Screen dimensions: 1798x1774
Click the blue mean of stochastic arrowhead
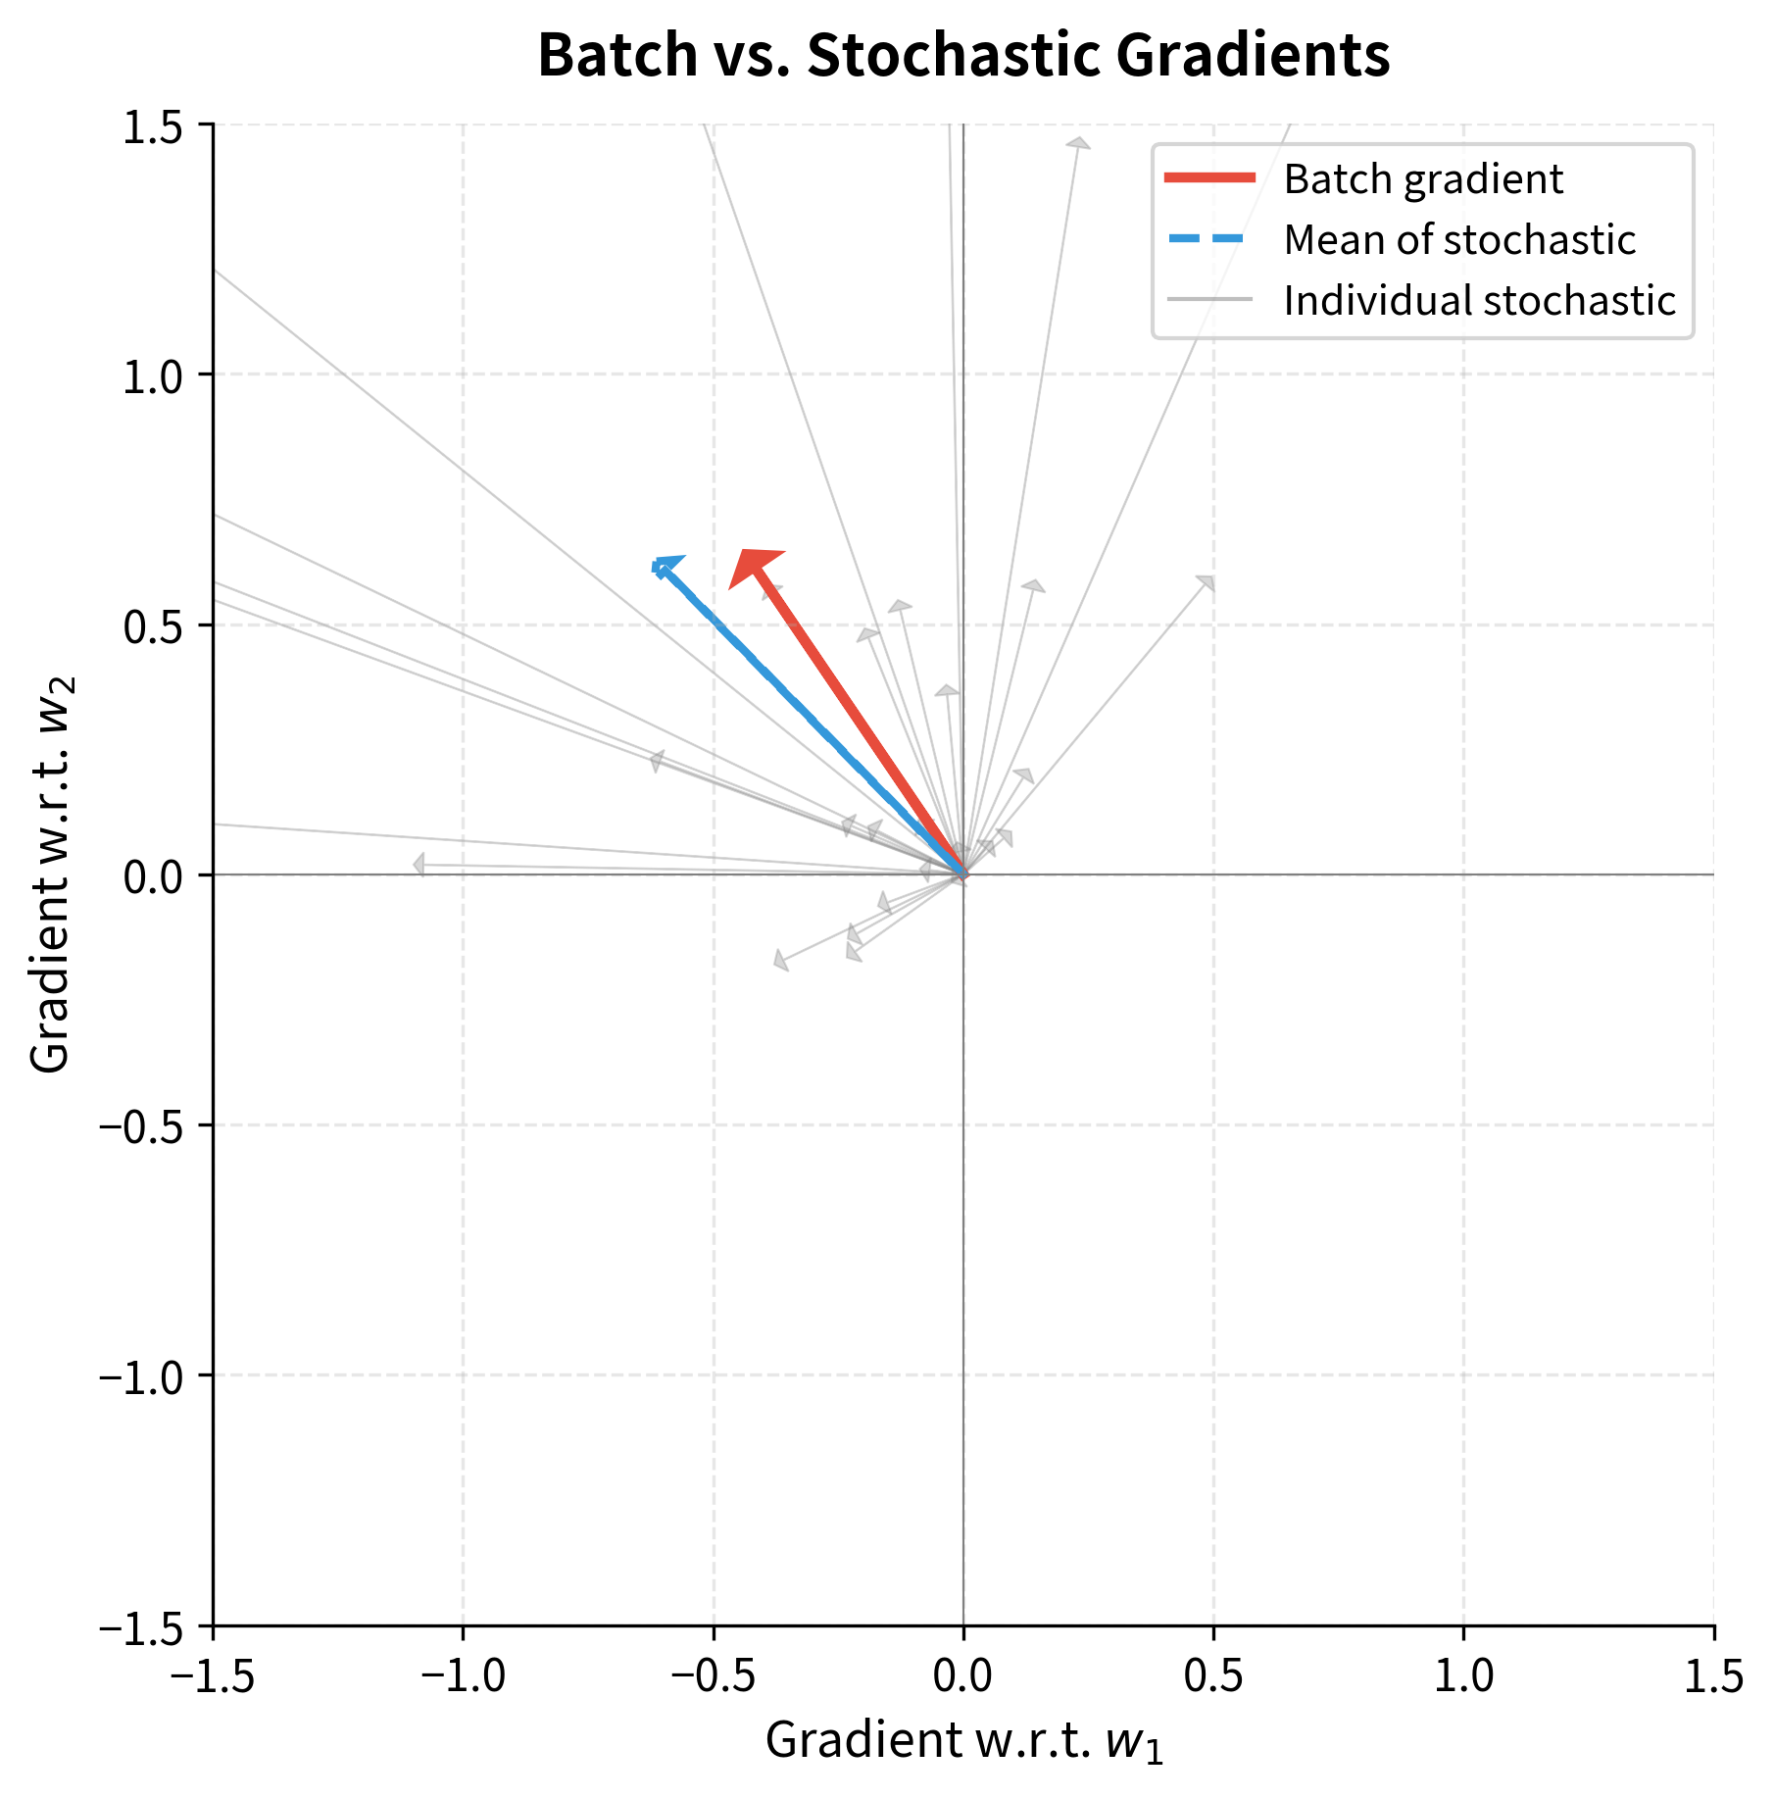tap(665, 566)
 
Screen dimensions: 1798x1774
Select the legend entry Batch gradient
tap(1422, 179)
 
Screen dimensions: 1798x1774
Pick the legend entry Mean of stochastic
tap(1458, 240)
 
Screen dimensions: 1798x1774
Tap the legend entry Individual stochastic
tap(1479, 301)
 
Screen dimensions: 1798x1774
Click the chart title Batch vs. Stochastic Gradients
tap(963, 56)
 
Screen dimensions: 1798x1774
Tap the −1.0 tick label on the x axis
tap(464, 1675)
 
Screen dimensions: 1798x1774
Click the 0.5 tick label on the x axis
tap(1213, 1675)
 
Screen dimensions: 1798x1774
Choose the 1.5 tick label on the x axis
tap(1713, 1675)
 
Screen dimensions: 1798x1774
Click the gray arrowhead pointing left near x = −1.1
tap(419, 865)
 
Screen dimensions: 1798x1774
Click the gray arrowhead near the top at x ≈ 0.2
tap(1078, 144)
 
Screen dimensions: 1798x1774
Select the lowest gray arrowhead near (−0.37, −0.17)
tap(781, 960)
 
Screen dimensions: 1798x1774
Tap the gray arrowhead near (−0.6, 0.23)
tap(657, 761)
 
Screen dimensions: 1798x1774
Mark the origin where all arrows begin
tap(963, 874)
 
